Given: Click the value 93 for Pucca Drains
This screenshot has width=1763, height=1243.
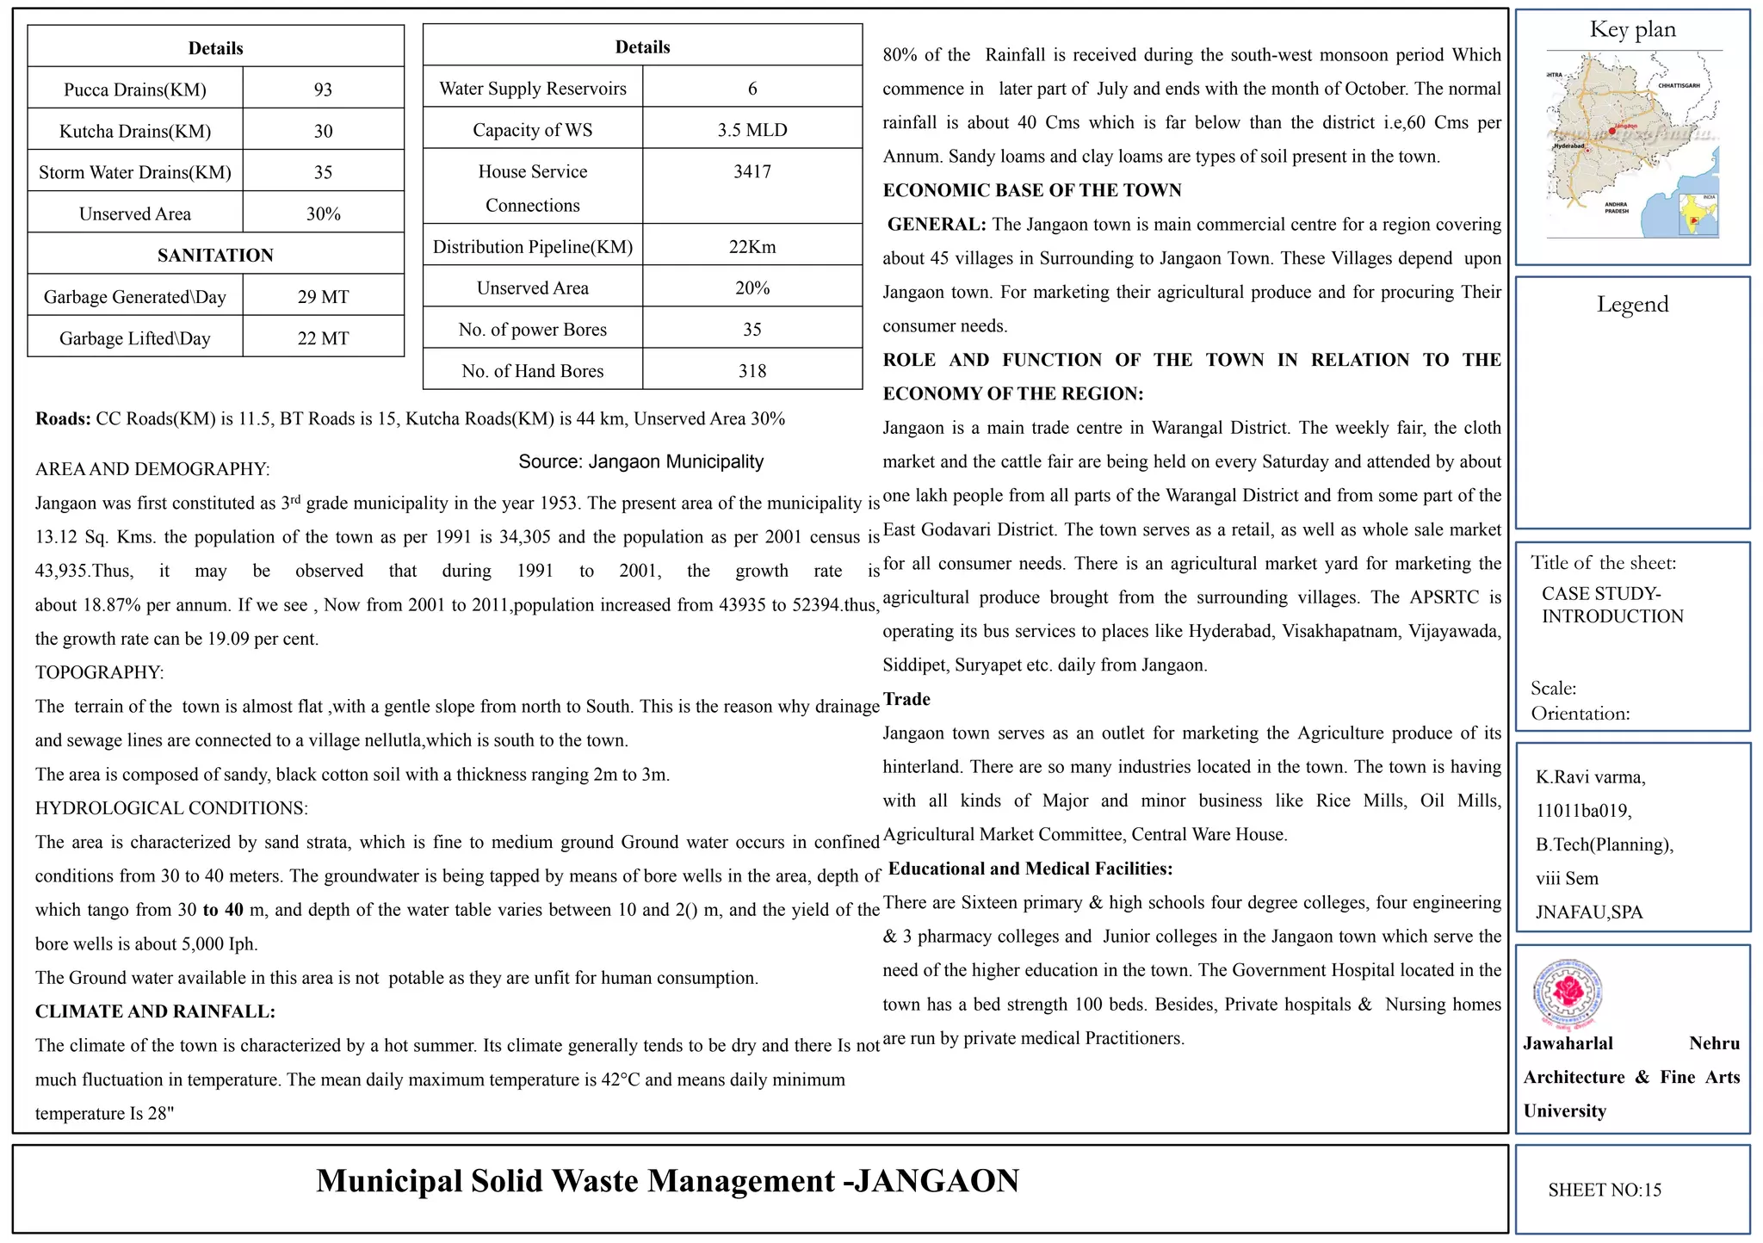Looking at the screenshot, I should [x=323, y=90].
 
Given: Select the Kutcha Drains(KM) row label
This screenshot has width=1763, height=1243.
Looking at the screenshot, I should [x=135, y=131].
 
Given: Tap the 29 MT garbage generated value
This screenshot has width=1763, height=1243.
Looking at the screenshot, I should [x=323, y=297].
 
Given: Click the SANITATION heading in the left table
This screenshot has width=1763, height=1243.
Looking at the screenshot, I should [x=215, y=255].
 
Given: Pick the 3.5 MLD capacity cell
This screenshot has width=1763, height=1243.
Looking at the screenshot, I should [x=752, y=130].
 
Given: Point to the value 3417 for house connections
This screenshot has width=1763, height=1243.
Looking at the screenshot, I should [x=752, y=171].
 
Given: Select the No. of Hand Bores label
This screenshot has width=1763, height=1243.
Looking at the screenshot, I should [x=533, y=371].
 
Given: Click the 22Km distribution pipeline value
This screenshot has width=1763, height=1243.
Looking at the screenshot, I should [x=752, y=247].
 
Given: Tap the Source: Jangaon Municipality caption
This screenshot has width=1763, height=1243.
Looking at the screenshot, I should [x=640, y=461].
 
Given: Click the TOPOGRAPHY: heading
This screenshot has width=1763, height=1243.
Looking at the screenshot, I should [x=100, y=672].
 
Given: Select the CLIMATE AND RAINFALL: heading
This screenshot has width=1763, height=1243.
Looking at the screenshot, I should [x=155, y=1011].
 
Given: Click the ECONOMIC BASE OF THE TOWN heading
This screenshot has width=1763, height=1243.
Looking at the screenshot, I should [x=1032, y=190].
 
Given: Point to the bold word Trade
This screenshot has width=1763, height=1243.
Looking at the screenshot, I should [x=906, y=699].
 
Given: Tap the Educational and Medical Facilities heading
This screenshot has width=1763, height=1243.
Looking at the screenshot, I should [x=1030, y=869].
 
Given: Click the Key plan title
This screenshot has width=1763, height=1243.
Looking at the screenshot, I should [x=1632, y=29].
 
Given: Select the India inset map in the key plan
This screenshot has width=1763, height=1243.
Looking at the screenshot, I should [x=1698, y=215].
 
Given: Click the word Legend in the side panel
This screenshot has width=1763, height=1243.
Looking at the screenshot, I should [x=1632, y=304].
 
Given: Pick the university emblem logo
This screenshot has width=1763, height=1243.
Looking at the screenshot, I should [x=1568, y=994].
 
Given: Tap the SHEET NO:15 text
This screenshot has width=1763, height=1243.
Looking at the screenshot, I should [x=1605, y=1190].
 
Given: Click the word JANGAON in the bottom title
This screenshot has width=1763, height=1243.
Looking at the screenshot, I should [x=937, y=1181].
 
